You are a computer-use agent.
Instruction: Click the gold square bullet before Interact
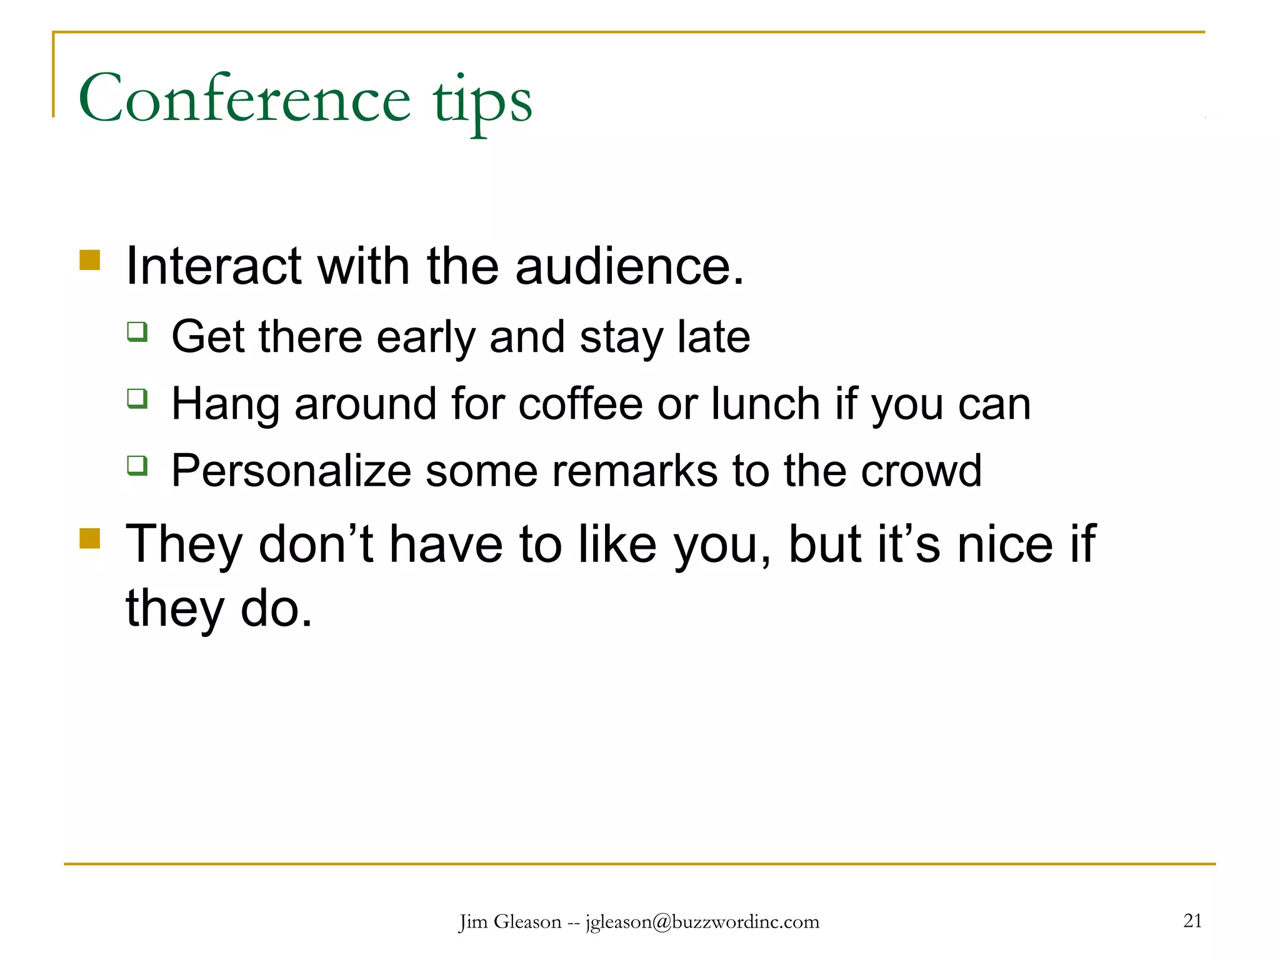point(90,260)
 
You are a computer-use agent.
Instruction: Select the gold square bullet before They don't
point(90,537)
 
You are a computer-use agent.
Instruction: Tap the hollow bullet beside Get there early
point(137,331)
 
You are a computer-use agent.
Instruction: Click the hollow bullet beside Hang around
point(137,397)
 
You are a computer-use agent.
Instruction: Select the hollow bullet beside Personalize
point(137,465)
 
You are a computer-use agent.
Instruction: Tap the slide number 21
point(1192,921)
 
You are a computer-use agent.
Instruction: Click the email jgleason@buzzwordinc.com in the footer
point(702,922)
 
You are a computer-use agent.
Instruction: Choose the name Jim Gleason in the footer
point(511,922)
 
